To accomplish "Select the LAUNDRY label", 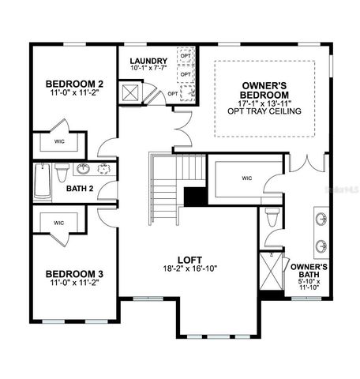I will (150, 61).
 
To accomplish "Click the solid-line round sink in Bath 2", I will (82, 168).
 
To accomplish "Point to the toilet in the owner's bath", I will (272, 214).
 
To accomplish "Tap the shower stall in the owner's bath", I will (272, 270).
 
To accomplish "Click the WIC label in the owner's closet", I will (246, 177).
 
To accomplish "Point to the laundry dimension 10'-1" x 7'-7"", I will (150, 69).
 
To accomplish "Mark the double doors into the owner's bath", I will (307, 163).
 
